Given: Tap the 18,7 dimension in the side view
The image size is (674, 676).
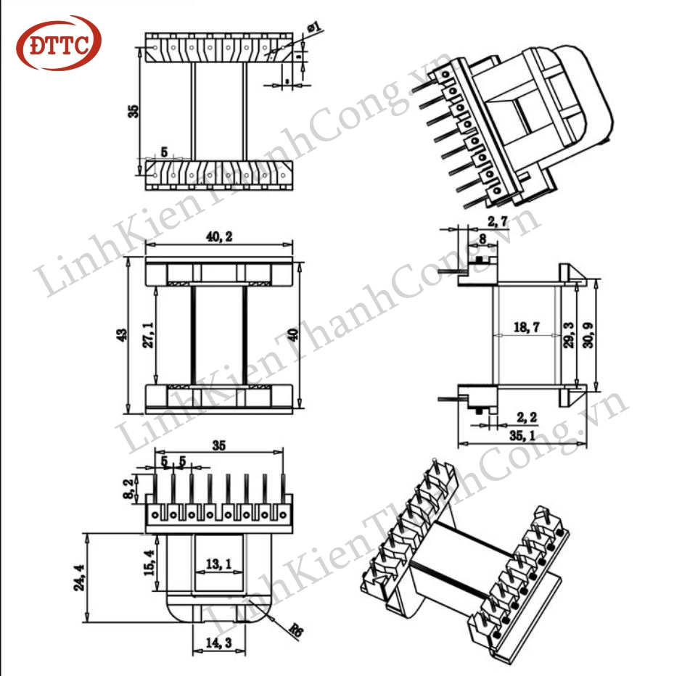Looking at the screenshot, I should click(x=525, y=328).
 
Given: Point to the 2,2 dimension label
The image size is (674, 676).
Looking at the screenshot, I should click(x=527, y=416).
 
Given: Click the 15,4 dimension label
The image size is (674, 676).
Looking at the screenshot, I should click(x=149, y=563).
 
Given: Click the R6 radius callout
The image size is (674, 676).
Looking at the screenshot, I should click(x=295, y=631).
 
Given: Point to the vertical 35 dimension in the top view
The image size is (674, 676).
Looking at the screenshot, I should click(x=131, y=110).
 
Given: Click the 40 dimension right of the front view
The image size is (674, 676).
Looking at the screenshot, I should click(x=292, y=334).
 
